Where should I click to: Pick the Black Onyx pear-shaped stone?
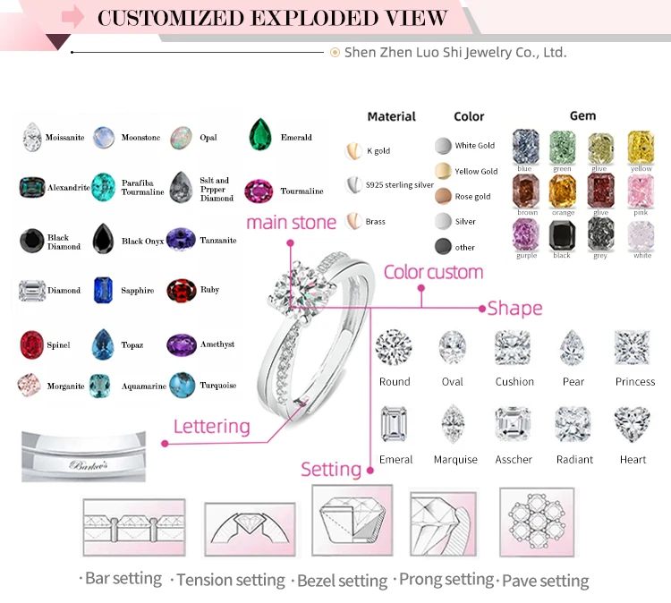(x=104, y=239)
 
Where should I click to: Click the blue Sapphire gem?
(x=104, y=290)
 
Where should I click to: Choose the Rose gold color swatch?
(x=443, y=196)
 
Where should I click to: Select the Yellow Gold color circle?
(x=443, y=171)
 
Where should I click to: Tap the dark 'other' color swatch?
(x=443, y=247)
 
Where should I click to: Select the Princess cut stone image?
(x=632, y=346)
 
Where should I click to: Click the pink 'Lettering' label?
(x=211, y=426)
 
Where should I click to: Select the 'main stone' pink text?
(x=291, y=222)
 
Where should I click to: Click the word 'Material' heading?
(x=392, y=116)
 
